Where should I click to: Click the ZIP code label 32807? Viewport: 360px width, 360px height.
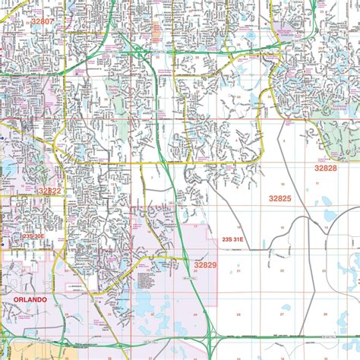click(42, 22)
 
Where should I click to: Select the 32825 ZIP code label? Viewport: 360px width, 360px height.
click(279, 197)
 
